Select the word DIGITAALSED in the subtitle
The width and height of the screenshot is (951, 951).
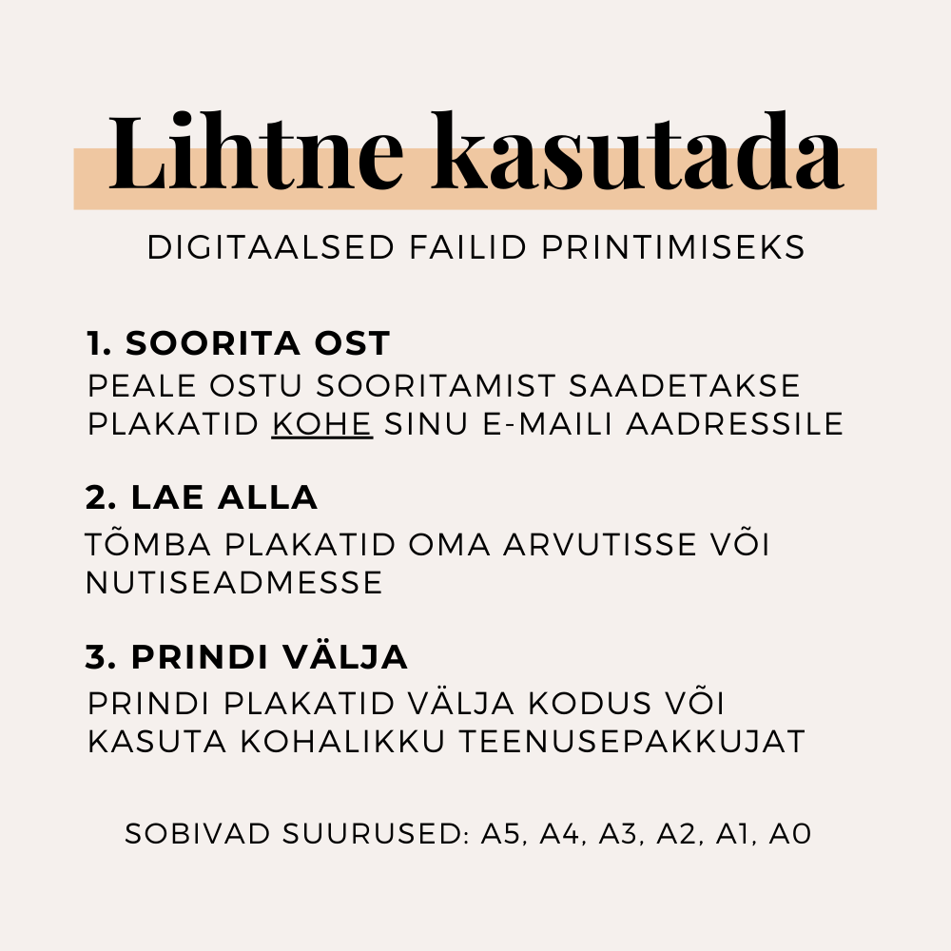tap(271, 248)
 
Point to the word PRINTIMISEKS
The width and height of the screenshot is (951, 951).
tap(673, 248)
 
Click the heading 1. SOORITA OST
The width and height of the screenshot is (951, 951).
tap(238, 343)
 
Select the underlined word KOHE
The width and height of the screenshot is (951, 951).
tap(321, 424)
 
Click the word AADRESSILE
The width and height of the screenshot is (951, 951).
tap(735, 424)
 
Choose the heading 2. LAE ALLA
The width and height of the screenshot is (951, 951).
tap(202, 498)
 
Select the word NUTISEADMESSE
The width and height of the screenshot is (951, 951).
tap(234, 582)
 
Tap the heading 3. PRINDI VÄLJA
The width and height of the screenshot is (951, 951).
tap(247, 657)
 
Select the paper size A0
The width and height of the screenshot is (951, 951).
tap(789, 835)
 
